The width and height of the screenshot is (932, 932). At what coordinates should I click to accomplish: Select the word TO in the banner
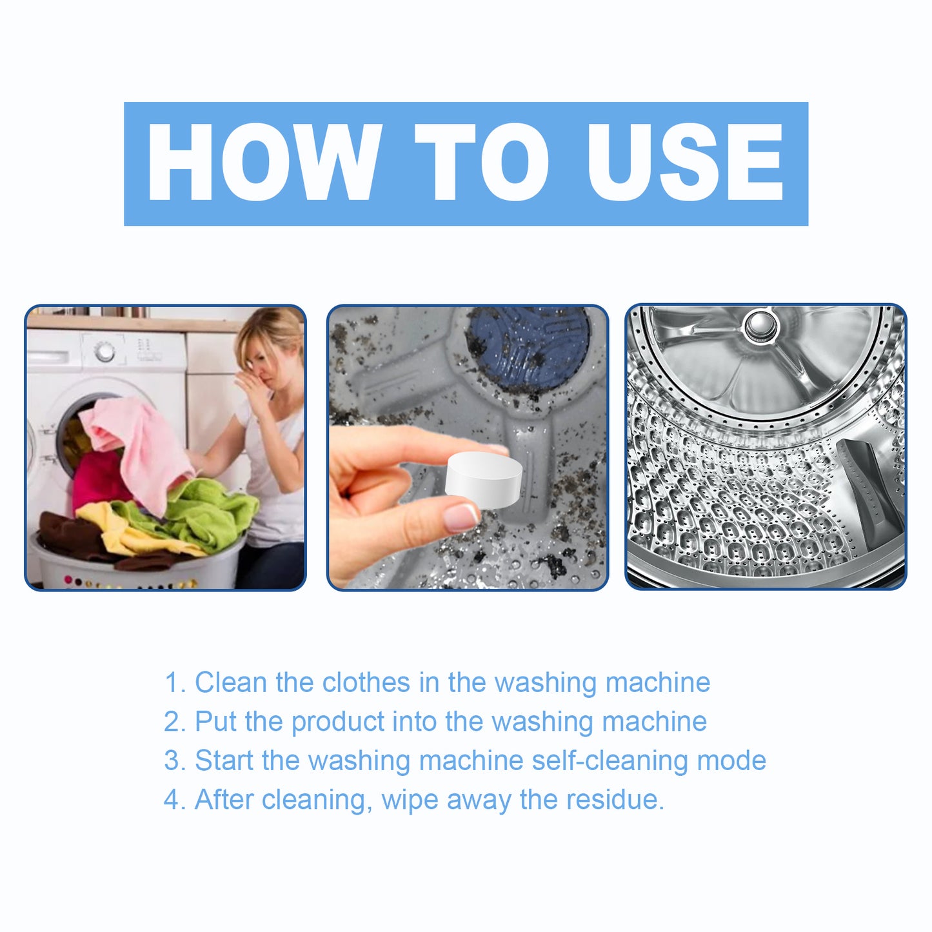(x=482, y=163)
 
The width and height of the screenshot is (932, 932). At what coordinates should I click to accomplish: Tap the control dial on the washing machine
(x=105, y=352)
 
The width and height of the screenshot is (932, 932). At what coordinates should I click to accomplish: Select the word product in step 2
(x=337, y=722)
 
